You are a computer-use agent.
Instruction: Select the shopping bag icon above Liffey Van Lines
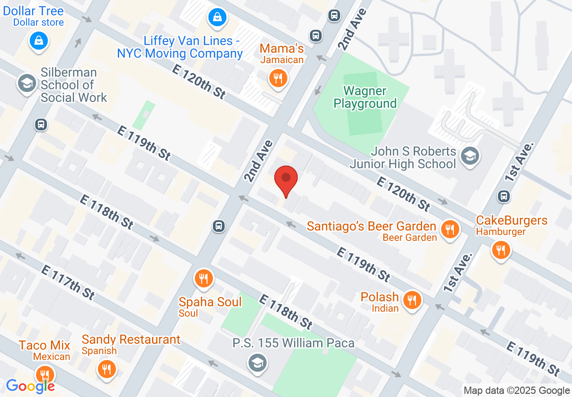pos(217,18)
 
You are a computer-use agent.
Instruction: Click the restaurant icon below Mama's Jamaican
pos(277,79)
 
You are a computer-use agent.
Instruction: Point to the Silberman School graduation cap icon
pos(27,83)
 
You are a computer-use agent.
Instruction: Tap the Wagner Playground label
pos(365,97)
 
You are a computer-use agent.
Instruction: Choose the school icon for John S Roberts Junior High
pos(470,157)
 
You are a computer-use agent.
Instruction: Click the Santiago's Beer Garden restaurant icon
pos(449,230)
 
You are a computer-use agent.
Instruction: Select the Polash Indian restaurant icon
pos(412,300)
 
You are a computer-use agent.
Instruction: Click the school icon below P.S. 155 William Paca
pos(257,363)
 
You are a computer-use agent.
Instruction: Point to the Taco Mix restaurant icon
pos(45,374)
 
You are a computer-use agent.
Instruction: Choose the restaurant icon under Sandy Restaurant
pos(106,369)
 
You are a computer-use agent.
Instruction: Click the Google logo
pos(30,386)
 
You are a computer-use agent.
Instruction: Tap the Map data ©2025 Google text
pos(517,391)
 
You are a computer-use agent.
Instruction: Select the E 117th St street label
pos(68,282)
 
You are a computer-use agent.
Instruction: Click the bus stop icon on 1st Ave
pos(504,196)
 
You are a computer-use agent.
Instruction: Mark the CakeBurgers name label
pos(512,221)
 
